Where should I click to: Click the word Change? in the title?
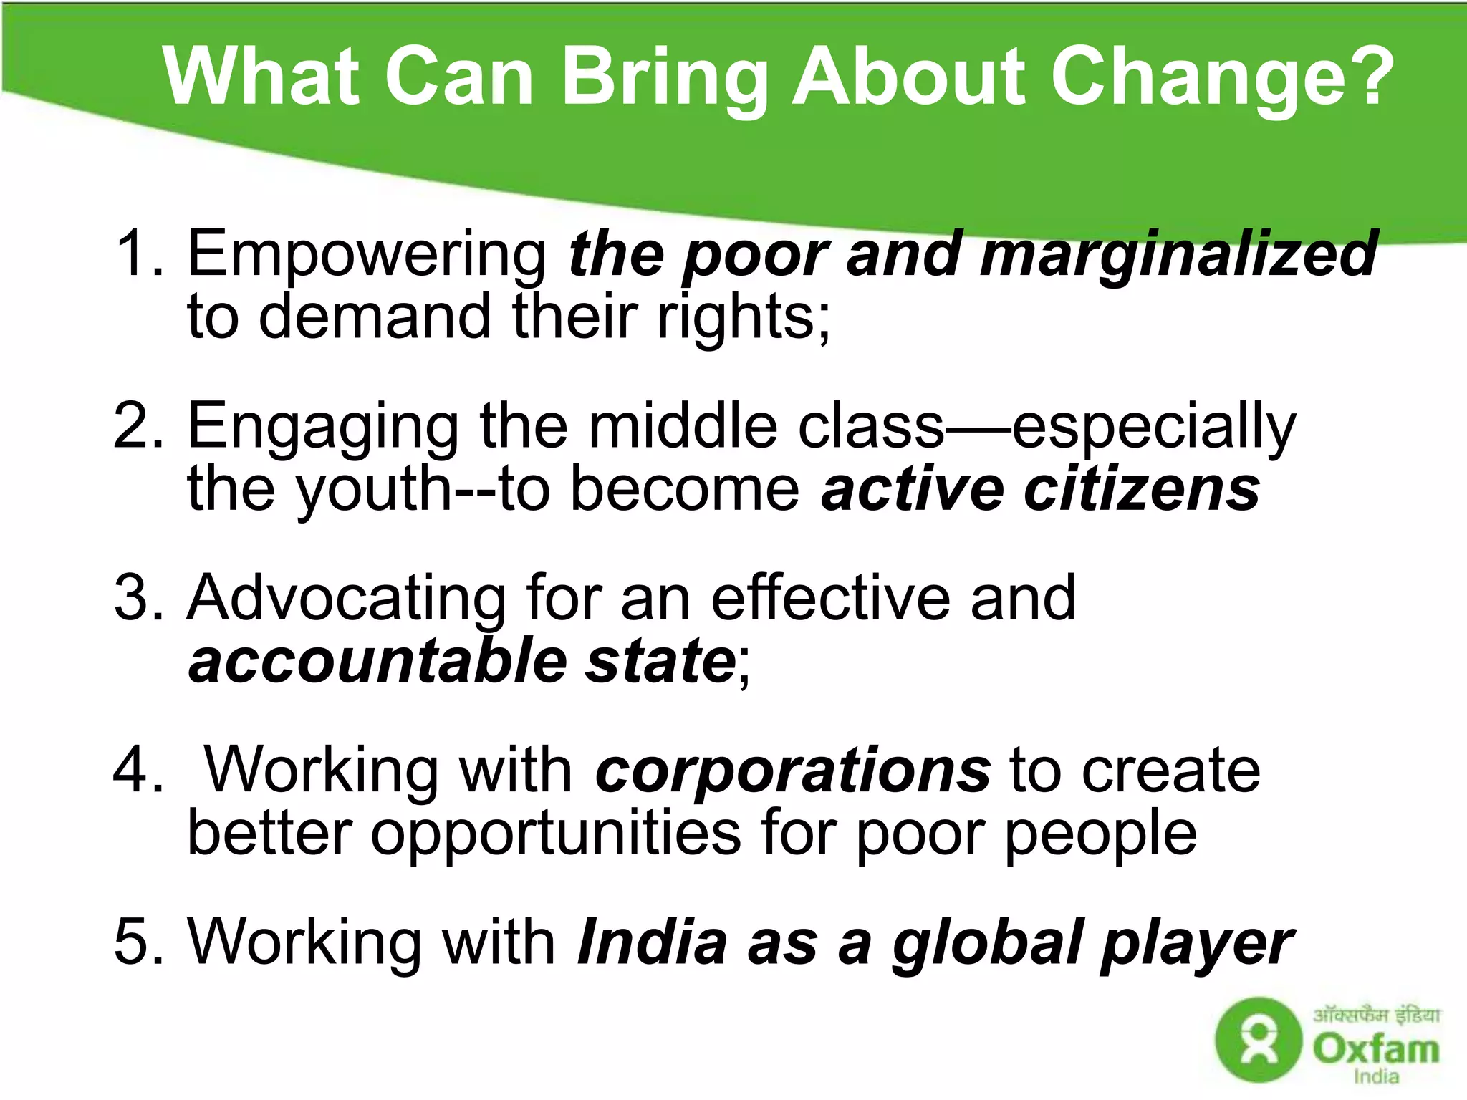(1221, 77)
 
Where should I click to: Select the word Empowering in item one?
(367, 254)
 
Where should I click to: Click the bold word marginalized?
(1178, 254)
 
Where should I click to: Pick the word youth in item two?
(372, 491)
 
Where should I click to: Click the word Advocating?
(347, 598)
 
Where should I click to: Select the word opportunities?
(556, 834)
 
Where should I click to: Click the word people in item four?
(1100, 834)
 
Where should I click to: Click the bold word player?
(1197, 945)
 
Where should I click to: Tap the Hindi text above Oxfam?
(1376, 1015)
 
